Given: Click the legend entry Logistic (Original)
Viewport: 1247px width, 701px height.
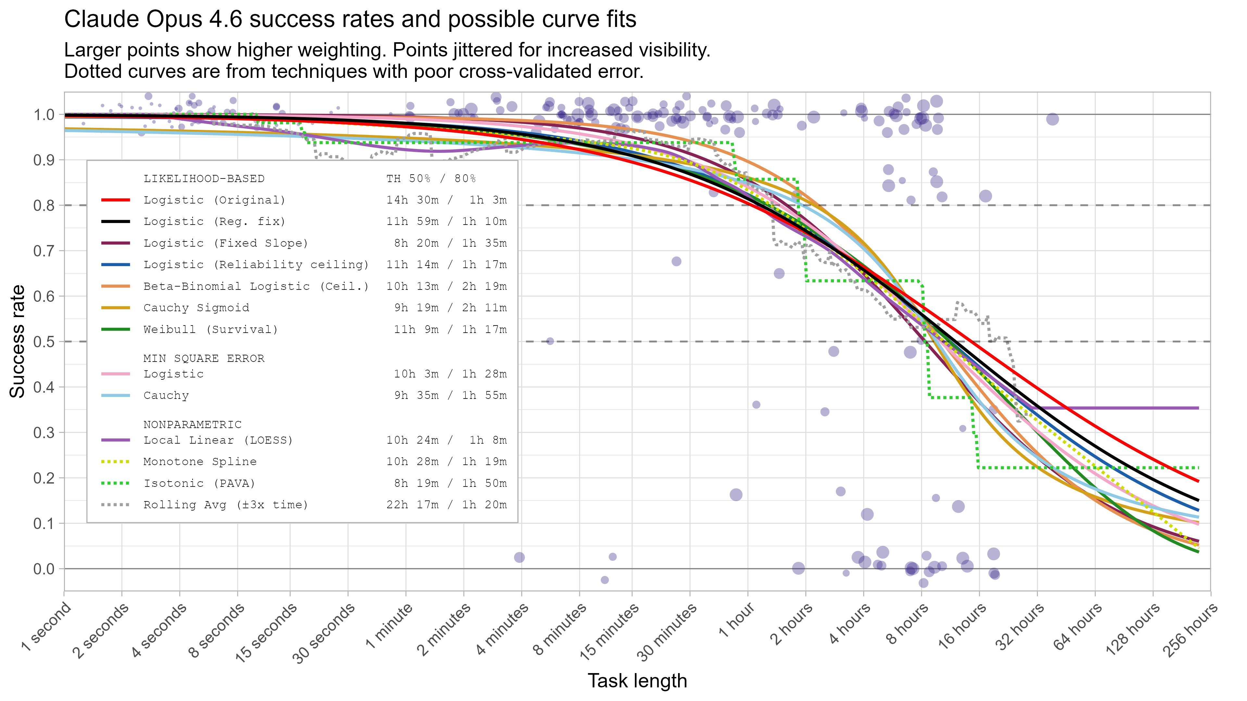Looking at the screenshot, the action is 214,200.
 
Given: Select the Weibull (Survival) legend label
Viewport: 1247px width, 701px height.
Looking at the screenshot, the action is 211,329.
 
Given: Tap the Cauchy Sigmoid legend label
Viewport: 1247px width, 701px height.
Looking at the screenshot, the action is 196,308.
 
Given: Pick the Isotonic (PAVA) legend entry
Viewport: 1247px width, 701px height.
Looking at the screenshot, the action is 199,483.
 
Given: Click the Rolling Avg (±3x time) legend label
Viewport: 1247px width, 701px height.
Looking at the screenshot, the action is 226,505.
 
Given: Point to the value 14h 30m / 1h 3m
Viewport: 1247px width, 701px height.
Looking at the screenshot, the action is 446,200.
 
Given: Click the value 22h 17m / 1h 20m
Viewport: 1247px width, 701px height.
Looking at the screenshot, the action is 446,505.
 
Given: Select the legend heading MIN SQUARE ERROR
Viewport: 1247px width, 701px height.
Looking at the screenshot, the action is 204,359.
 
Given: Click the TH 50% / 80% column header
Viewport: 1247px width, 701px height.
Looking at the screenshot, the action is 431,178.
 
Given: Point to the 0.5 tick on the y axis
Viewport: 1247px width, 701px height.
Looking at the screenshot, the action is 44,341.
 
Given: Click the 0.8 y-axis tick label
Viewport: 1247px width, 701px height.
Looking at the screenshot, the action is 44,206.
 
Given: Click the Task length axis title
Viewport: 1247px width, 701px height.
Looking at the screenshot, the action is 637,681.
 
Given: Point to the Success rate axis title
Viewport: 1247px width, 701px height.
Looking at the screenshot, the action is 18,341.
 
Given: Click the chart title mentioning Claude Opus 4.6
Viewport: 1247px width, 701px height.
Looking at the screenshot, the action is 350,19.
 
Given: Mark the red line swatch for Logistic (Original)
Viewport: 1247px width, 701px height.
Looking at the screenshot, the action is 116,200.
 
